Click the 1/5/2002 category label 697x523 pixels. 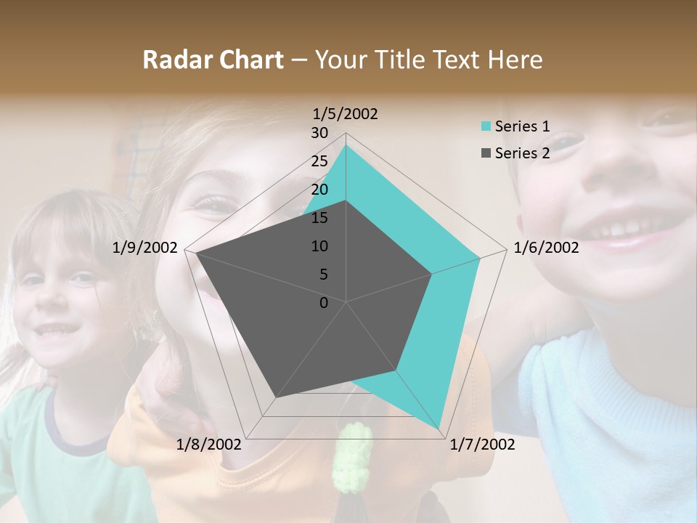[x=346, y=113]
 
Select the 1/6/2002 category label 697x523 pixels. [x=546, y=248]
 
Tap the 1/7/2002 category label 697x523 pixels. [x=482, y=444]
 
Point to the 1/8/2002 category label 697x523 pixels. [x=209, y=444]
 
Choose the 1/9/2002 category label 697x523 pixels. [x=145, y=248]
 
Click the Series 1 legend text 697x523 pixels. [x=522, y=126]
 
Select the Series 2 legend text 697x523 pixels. [x=522, y=153]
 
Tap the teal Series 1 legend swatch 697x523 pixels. [x=486, y=126]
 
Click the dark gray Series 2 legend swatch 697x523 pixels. [x=486, y=153]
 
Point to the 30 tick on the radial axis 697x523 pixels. [x=319, y=133]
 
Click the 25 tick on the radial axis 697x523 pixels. [x=319, y=161]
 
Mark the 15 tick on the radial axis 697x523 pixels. [x=319, y=218]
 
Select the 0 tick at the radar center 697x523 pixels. [x=324, y=303]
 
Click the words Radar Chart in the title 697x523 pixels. [x=213, y=60]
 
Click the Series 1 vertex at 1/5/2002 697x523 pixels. [x=346, y=145]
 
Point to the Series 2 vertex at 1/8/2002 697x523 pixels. [x=275, y=397]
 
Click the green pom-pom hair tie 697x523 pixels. [x=352, y=458]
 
